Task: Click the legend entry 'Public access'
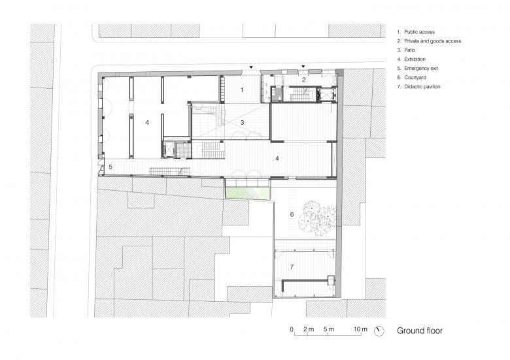[416, 32]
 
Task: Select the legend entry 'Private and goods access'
[429, 41]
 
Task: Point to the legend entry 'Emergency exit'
[417, 68]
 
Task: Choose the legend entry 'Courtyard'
[411, 77]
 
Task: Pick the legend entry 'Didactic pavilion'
[418, 86]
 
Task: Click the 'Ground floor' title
[420, 331]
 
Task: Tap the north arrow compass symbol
[379, 331]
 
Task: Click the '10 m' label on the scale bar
[360, 329]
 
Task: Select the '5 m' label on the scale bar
[329, 329]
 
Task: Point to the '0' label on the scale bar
[292, 329]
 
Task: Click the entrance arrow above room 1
[251, 67]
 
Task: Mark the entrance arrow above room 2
[303, 67]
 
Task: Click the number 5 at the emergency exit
[110, 167]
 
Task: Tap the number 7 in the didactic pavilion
[292, 267]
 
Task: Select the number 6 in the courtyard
[292, 214]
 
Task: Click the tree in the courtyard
[319, 218]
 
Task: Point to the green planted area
[247, 194]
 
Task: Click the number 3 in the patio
[243, 122]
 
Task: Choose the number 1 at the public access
[242, 90]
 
